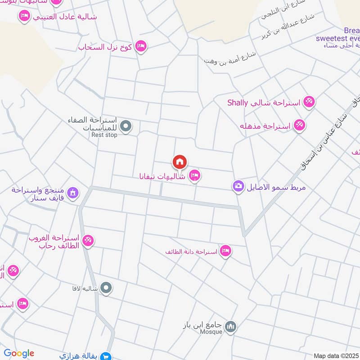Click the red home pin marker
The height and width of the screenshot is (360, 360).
pos(180,162)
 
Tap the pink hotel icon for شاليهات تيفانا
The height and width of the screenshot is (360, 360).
pos(194,175)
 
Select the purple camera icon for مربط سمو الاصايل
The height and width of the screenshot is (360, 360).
pos(238,185)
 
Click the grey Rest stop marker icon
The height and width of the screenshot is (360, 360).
pos(126,126)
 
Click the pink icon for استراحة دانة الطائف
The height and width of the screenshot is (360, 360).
pos(225,251)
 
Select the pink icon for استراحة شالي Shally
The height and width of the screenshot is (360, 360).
pos(309,102)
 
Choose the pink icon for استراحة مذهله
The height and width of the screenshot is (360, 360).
pos(299,125)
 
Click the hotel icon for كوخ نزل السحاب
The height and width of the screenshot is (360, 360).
pos(141,46)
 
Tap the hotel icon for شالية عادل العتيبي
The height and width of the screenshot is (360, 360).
pos(24,17)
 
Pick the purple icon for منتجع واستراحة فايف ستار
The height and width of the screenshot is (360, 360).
pos(72,193)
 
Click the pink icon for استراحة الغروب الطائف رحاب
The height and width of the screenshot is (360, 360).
pos(88,241)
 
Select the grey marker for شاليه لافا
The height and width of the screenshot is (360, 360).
pos(106,287)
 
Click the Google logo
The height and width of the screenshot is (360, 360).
pos(19,353)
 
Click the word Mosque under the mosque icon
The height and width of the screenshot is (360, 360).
pos(211,332)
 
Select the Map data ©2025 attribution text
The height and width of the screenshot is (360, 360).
pos(335,355)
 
